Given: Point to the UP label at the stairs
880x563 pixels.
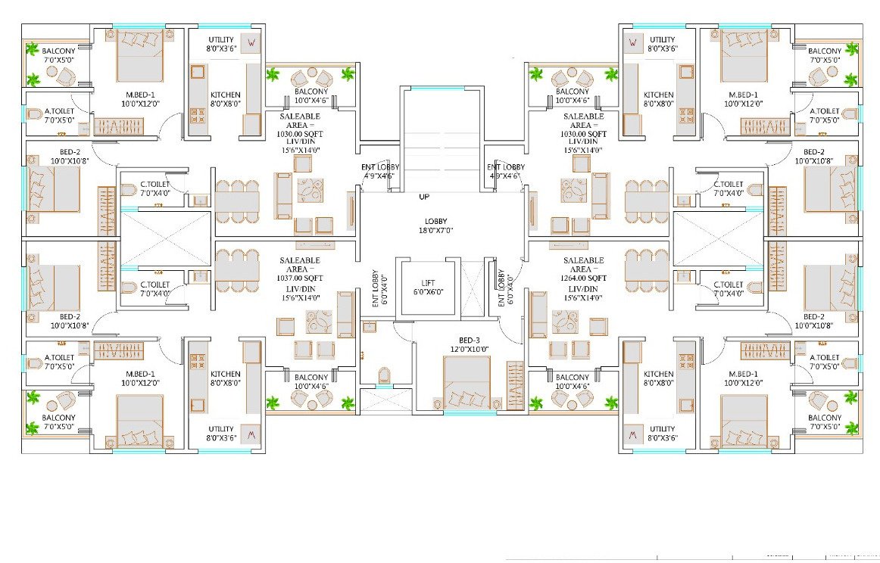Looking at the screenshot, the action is (424, 197).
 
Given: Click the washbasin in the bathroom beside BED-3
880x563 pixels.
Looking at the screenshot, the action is (369, 326).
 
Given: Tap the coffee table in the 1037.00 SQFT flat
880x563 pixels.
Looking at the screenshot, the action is (319, 322).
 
